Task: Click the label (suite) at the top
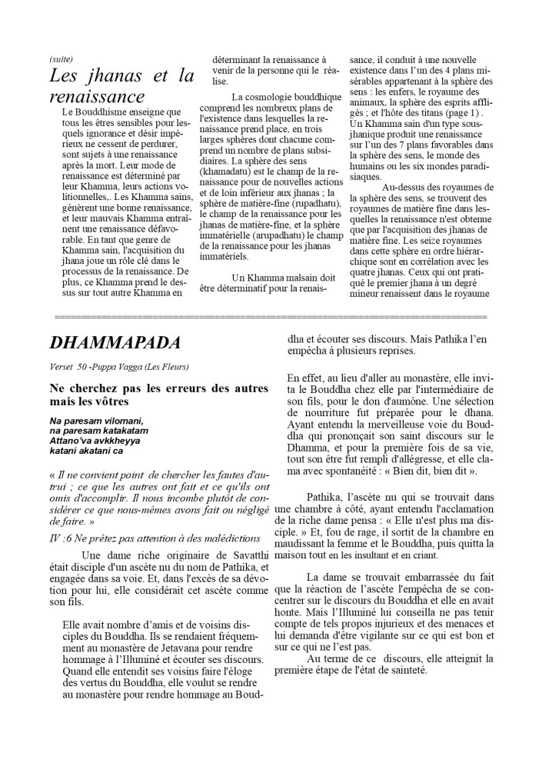[x=60, y=59]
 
